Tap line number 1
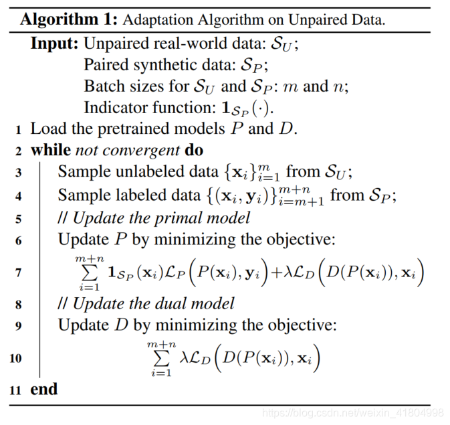coord(19,129)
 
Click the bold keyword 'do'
coord(194,149)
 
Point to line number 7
coord(18,272)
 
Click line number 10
coord(15,358)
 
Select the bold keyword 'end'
coord(44,389)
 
